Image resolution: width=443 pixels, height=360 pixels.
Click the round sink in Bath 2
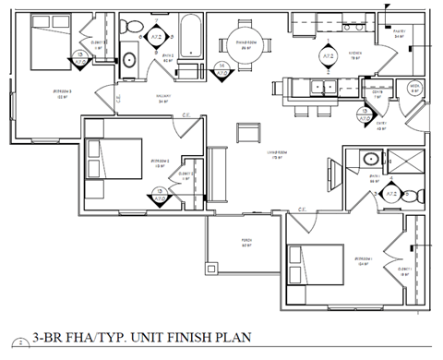point(129,61)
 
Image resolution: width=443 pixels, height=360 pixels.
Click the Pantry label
point(401,31)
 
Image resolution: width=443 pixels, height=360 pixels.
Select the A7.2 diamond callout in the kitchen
point(328,57)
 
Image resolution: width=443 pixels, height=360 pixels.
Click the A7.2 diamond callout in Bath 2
point(157,37)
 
